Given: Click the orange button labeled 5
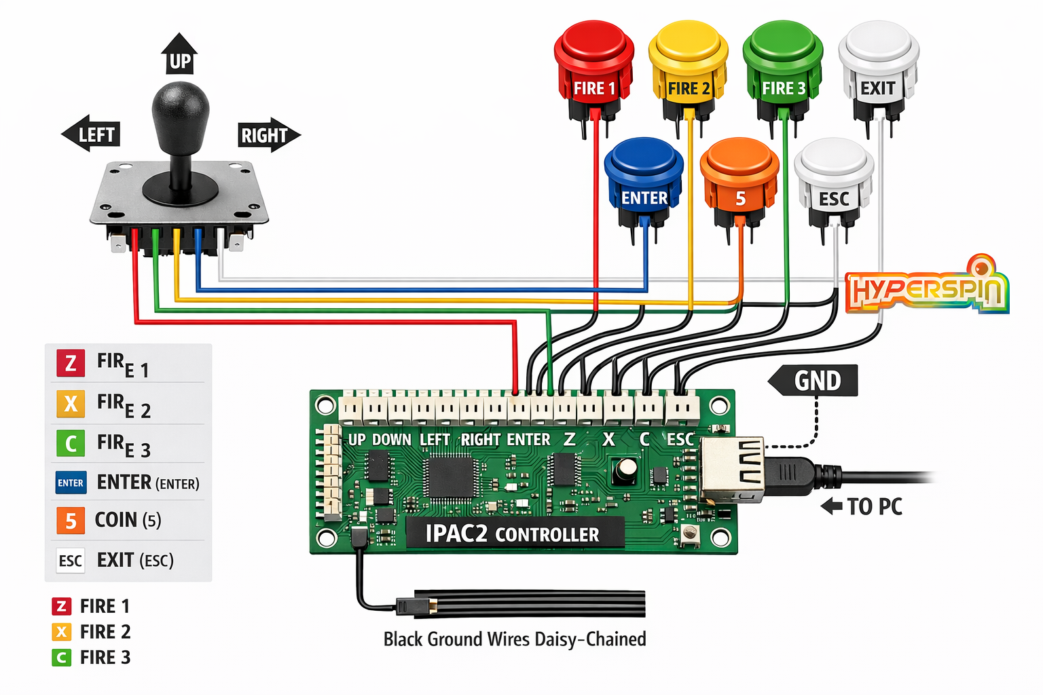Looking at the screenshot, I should (x=739, y=176).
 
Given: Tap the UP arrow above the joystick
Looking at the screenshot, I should (x=179, y=54).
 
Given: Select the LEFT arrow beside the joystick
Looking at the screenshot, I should (x=92, y=134).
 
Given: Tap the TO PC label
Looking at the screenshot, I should (x=862, y=506).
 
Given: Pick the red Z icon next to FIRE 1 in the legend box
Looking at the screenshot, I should (x=71, y=364).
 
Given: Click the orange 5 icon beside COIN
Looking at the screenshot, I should (x=71, y=521).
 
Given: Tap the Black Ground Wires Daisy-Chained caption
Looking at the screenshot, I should (x=515, y=639).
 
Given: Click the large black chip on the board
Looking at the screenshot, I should (x=450, y=477).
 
